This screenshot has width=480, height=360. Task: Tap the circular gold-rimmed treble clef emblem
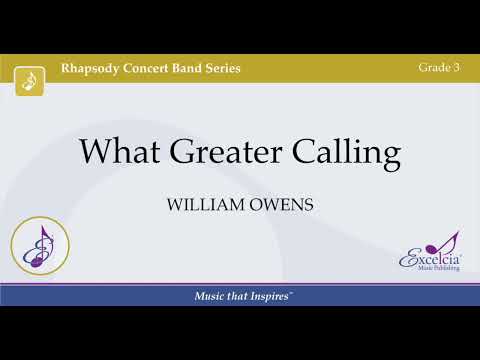(x=39, y=248)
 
